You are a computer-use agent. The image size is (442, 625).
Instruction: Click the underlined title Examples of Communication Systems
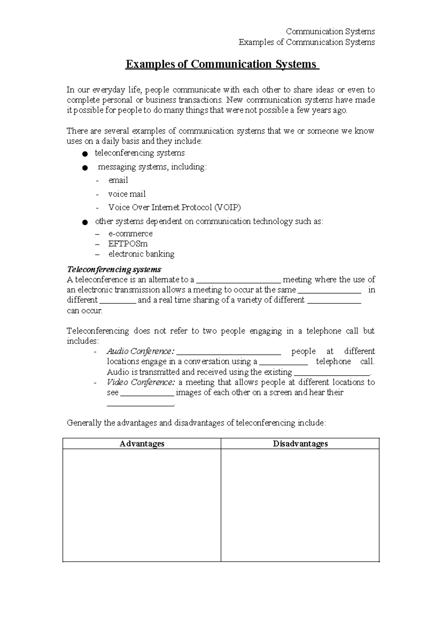click(x=221, y=64)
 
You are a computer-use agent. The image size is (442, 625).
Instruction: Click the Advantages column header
click(x=142, y=444)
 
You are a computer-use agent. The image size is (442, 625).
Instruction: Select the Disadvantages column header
click(x=300, y=444)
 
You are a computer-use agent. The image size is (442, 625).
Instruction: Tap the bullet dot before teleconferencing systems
click(x=85, y=153)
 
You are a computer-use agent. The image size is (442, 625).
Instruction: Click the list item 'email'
click(x=118, y=180)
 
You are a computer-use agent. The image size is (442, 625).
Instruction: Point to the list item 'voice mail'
click(x=127, y=194)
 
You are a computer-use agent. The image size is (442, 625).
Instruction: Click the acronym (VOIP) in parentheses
click(x=227, y=207)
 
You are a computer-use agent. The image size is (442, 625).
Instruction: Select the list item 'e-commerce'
click(x=130, y=234)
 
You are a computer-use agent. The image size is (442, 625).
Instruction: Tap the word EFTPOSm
click(x=128, y=244)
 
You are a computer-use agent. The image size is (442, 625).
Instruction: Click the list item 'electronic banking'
click(x=141, y=254)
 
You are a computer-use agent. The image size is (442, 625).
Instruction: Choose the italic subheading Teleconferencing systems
click(x=114, y=269)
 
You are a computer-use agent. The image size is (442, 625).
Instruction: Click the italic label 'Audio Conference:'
click(x=140, y=351)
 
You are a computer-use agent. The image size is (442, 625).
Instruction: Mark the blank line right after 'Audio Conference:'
click(x=229, y=352)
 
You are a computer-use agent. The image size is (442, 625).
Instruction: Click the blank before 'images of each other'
click(x=147, y=393)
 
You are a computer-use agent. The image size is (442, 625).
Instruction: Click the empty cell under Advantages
click(x=142, y=505)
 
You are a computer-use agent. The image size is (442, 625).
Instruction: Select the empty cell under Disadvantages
click(x=300, y=505)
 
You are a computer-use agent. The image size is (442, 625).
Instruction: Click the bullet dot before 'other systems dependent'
click(x=85, y=222)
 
